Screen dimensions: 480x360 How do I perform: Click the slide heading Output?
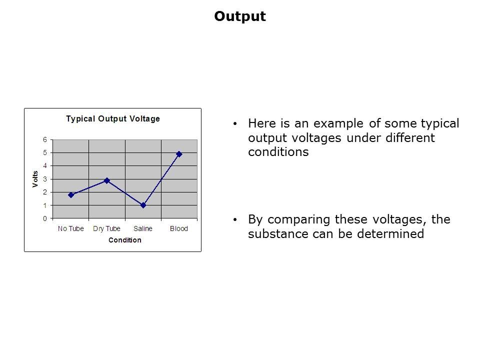click(x=240, y=16)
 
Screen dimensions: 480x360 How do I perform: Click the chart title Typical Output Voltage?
click(x=113, y=119)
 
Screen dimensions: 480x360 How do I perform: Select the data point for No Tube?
click(x=71, y=195)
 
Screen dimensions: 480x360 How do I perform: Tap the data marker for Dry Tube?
click(x=107, y=180)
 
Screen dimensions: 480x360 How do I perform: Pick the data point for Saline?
click(x=143, y=205)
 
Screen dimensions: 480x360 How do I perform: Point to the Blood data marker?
click(x=179, y=154)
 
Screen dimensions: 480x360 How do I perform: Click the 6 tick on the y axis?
click(x=45, y=140)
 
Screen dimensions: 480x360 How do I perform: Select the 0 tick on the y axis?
click(x=45, y=218)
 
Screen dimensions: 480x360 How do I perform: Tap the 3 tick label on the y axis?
click(x=45, y=179)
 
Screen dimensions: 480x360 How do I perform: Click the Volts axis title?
click(x=35, y=179)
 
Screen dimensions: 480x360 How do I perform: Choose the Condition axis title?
click(x=125, y=240)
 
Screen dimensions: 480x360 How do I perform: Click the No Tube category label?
click(x=70, y=228)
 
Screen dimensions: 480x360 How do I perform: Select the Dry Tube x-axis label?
click(x=106, y=228)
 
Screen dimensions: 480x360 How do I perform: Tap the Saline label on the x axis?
click(x=142, y=228)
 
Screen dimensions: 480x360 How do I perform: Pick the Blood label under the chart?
click(x=179, y=228)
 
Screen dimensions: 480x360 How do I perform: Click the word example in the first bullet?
click(x=338, y=123)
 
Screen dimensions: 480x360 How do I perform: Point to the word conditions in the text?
click(x=278, y=152)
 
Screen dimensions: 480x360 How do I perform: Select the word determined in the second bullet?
click(x=390, y=234)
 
